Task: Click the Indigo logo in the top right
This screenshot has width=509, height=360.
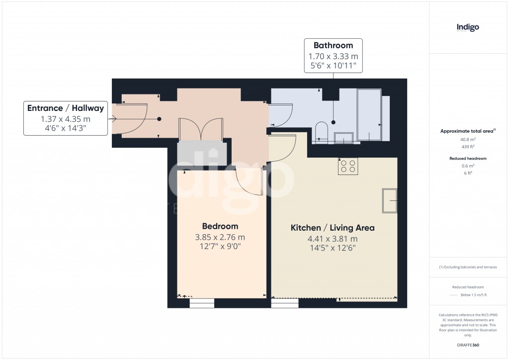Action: [x=468, y=27]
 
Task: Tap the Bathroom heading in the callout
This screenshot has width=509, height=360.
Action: [x=333, y=45]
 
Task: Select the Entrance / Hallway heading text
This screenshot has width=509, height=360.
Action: [x=66, y=108]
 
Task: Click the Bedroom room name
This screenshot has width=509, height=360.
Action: [x=220, y=226]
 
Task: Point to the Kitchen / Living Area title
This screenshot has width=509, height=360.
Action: [x=333, y=228]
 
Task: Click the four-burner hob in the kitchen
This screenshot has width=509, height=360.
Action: [x=348, y=166]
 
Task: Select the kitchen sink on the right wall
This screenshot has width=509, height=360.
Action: [x=390, y=200]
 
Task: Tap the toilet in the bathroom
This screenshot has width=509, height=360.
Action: [x=321, y=131]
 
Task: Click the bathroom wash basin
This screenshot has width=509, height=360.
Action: [x=343, y=137]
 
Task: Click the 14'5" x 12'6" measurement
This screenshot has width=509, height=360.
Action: [x=333, y=248]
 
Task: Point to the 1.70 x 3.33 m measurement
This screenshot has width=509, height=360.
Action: [x=333, y=56]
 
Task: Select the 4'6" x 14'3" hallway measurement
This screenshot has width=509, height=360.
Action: [x=66, y=129]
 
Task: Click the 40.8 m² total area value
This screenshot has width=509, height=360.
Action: [x=467, y=140]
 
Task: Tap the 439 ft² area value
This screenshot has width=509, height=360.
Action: [x=467, y=147]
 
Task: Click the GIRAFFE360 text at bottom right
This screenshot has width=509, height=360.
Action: [x=467, y=345]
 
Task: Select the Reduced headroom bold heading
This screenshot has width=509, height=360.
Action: [x=467, y=158]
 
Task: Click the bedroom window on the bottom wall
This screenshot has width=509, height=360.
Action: [x=202, y=303]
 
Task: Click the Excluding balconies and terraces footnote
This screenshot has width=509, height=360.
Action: [x=468, y=267]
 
